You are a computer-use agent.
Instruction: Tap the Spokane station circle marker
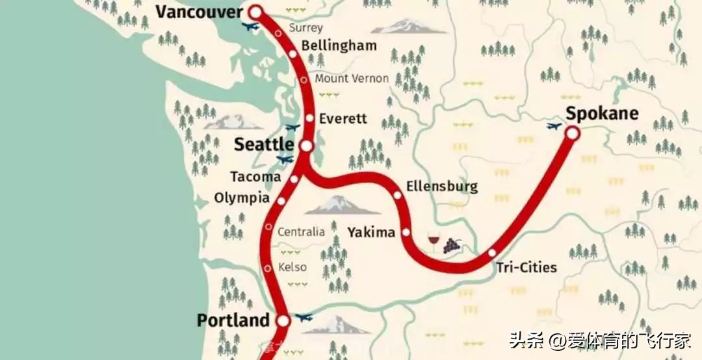tap(572, 133)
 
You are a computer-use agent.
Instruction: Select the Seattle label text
tap(263, 144)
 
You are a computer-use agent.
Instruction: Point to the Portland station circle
tap(283, 320)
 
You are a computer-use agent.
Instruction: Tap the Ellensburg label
tap(441, 187)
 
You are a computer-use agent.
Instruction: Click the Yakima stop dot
tap(406, 232)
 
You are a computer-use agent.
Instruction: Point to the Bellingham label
tap(339, 45)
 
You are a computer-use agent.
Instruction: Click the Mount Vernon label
tap(352, 79)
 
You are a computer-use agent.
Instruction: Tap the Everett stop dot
tap(310, 118)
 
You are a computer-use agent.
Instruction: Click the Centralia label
tap(301, 232)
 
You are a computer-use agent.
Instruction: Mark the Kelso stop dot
tap(268, 268)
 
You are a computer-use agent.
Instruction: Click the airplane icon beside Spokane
tap(554, 126)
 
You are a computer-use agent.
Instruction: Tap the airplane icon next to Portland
tap(304, 317)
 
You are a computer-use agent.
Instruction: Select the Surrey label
tap(305, 28)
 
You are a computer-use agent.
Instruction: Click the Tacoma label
tap(256, 177)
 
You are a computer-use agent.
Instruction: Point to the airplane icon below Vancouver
tap(250, 27)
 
